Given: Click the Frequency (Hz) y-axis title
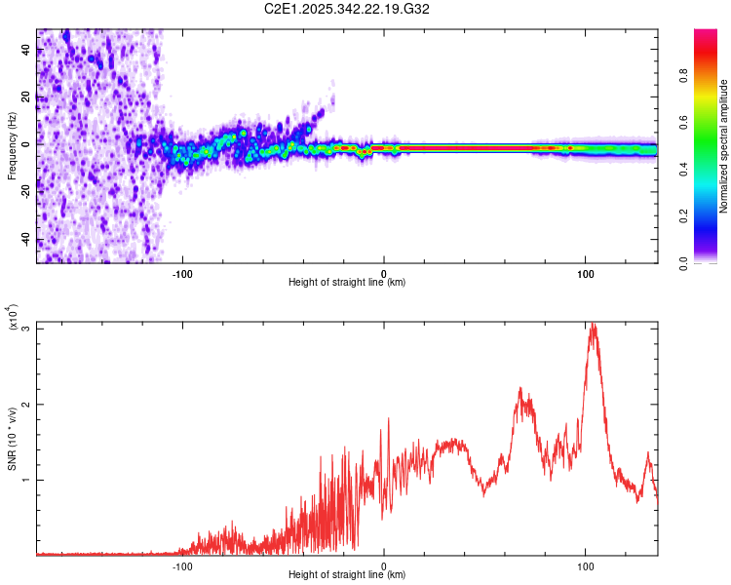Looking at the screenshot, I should tap(12, 146).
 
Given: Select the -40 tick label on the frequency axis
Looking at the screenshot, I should tap(22, 240).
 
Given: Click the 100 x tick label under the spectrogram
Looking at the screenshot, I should tap(586, 272).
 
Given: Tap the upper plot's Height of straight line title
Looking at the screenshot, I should tap(347, 283).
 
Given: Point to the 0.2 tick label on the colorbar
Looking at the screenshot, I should tap(712, 216).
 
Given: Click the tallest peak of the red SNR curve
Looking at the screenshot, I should tap(592, 325).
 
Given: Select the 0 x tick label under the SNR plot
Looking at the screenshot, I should tap(384, 565).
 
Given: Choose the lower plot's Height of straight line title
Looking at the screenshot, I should tap(347, 575).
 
